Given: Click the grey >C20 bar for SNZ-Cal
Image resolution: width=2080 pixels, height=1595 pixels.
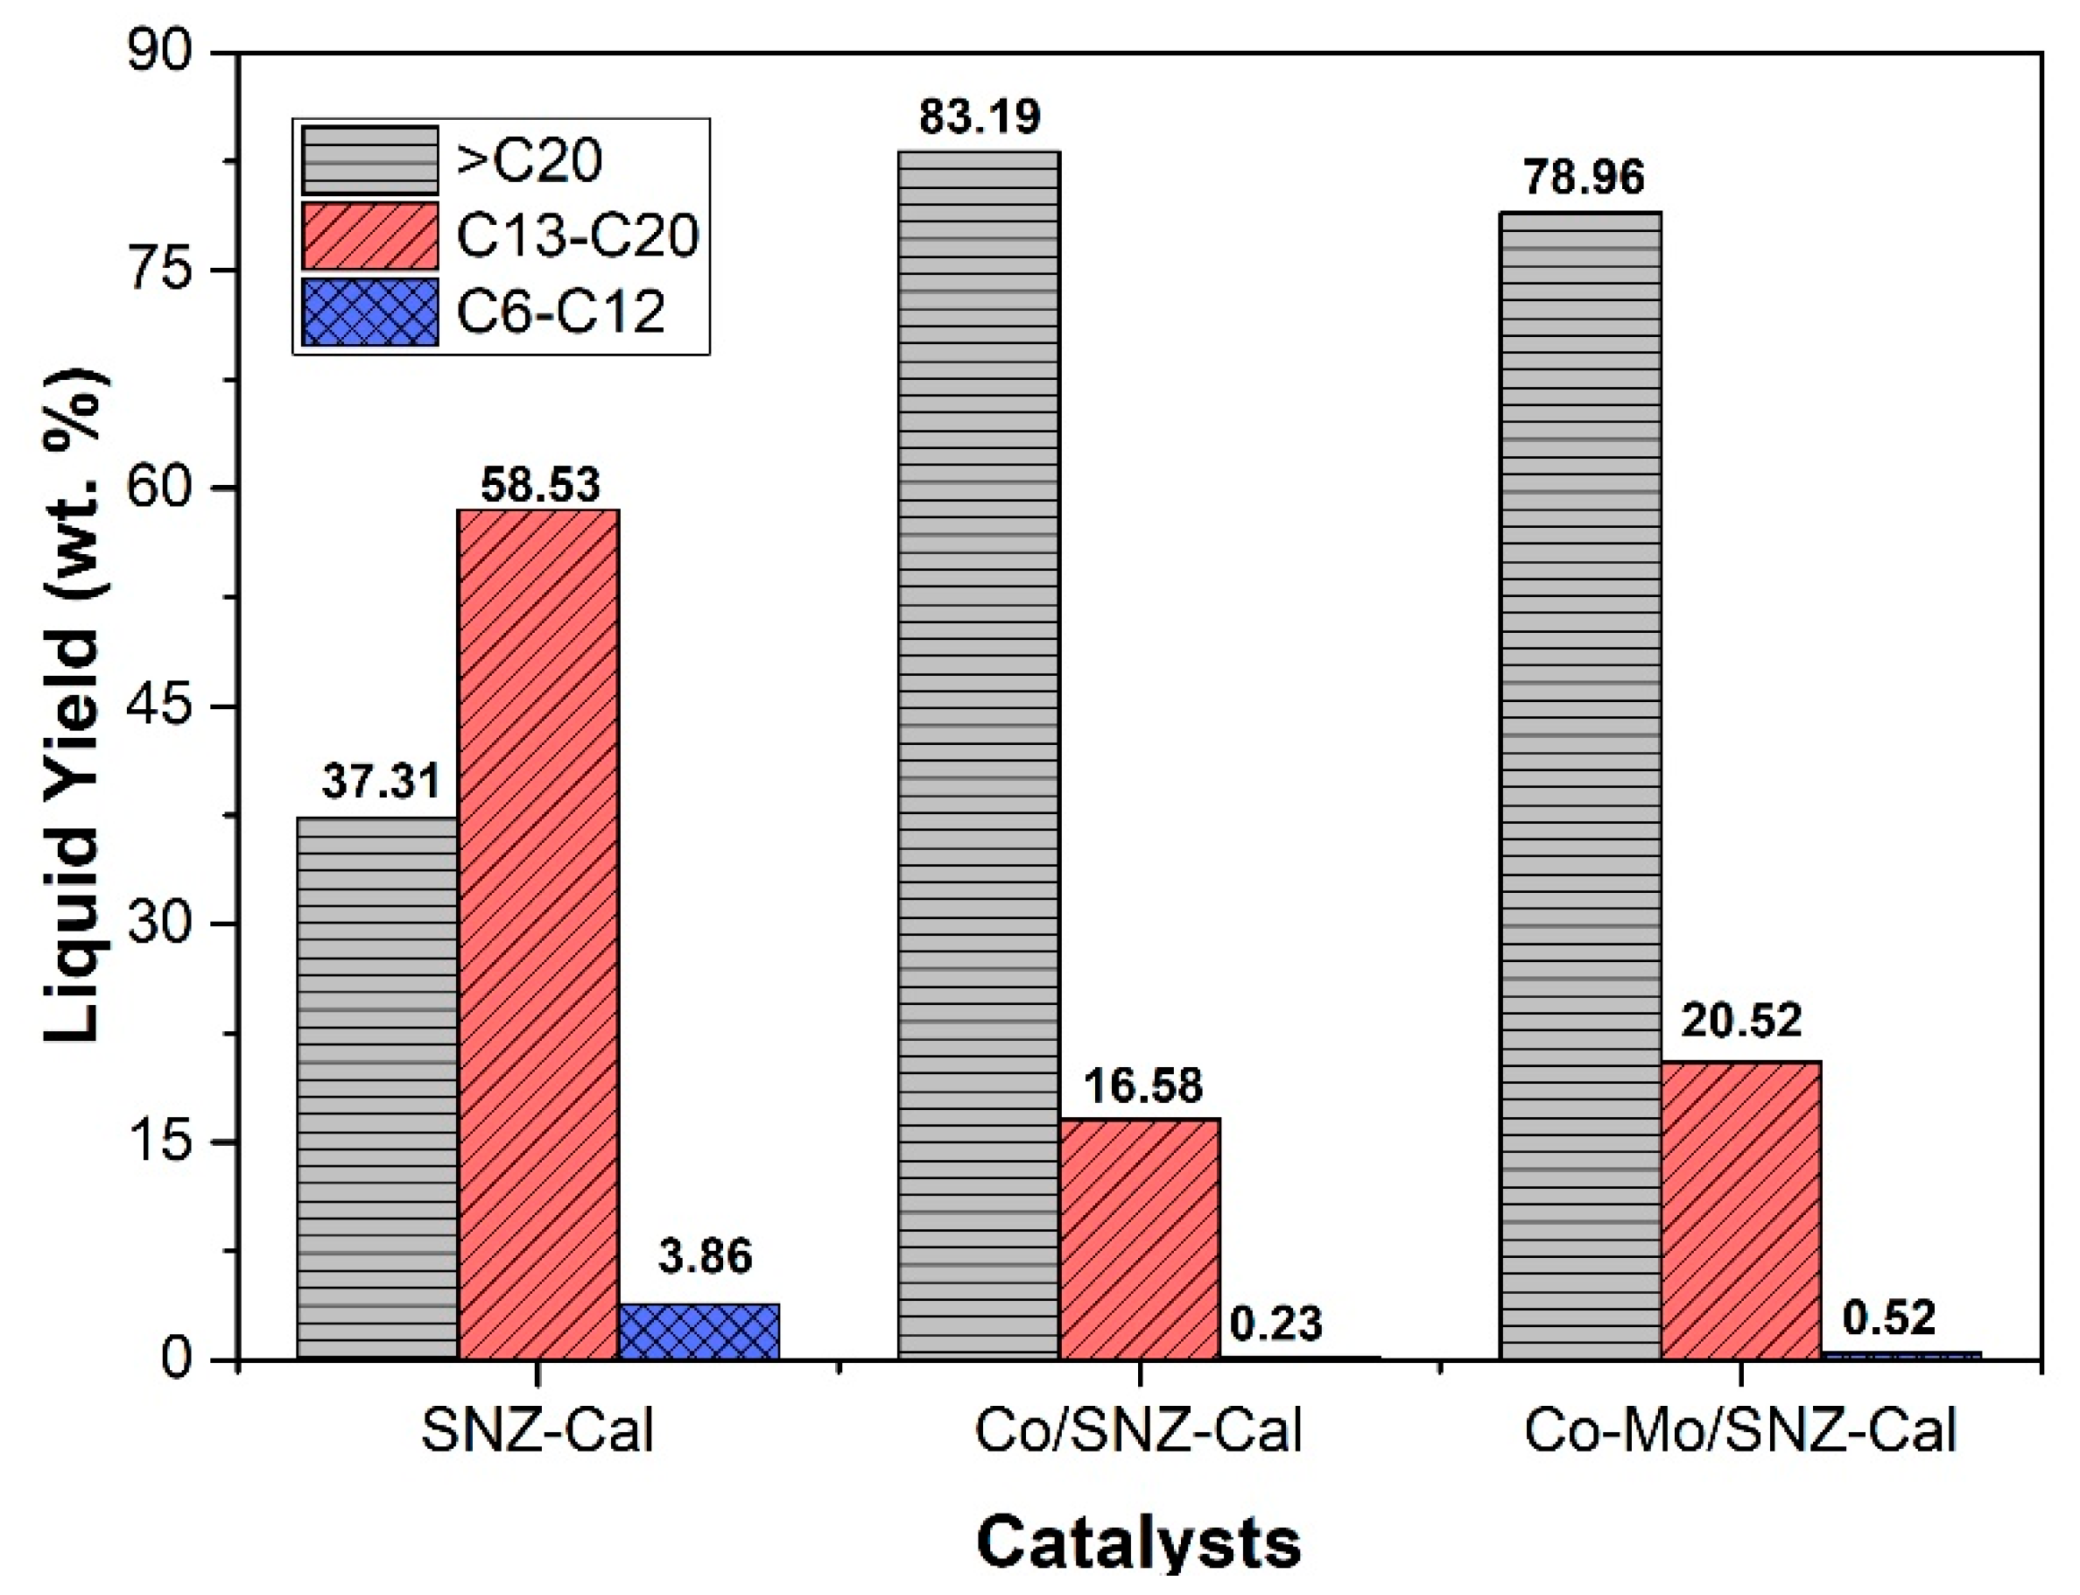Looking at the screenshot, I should click(377, 1087).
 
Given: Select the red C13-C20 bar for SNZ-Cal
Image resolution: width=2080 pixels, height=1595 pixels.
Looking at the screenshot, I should click(538, 934).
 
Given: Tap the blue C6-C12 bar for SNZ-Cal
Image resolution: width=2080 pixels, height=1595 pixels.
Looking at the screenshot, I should click(699, 1332).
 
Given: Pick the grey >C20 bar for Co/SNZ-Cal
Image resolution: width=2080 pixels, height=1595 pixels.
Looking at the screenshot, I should click(979, 755).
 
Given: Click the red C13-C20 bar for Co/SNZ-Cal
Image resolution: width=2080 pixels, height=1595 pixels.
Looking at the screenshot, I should click(1139, 1239).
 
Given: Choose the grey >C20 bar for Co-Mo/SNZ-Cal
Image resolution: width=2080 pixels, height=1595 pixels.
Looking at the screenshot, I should click(1580, 785).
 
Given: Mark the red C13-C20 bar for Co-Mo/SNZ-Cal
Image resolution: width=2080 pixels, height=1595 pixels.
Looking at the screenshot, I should click(1740, 1211).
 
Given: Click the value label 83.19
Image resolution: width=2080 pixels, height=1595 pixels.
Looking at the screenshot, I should click(980, 116).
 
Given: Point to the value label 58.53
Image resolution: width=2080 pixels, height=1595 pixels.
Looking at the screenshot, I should click(540, 484).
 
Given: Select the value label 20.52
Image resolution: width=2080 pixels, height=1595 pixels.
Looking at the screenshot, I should click(1740, 1020).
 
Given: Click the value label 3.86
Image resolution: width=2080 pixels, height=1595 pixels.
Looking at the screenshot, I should click(705, 1255).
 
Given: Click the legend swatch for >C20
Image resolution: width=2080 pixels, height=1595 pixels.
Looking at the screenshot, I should click(370, 160).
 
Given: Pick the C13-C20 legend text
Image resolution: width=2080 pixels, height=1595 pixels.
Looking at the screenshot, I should click(577, 235).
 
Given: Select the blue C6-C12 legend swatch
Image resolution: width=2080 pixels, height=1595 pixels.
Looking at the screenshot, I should click(370, 312).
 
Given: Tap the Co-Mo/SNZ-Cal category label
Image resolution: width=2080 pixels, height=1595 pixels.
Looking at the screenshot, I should click(1740, 1430).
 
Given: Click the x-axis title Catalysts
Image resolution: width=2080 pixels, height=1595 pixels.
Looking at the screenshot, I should click(1138, 1542).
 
